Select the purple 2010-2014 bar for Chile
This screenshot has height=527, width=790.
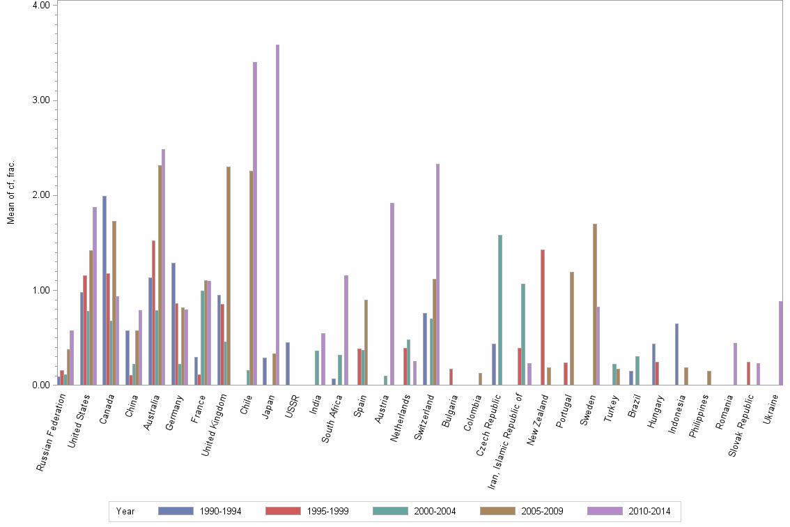click(x=255, y=223)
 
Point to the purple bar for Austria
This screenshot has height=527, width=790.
click(x=392, y=293)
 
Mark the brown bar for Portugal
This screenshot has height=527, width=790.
click(x=572, y=328)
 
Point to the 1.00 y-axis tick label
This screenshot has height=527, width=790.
click(x=41, y=290)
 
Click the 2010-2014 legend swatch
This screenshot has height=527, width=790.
click(x=605, y=512)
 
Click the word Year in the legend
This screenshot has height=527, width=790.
click(x=126, y=512)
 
